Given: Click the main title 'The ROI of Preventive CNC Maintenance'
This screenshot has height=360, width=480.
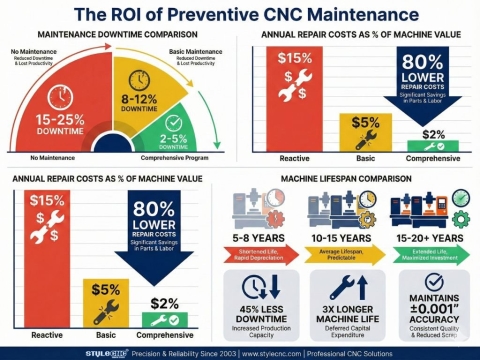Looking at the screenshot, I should [240, 14].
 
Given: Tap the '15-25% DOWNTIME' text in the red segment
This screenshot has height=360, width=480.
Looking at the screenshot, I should [61, 124].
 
